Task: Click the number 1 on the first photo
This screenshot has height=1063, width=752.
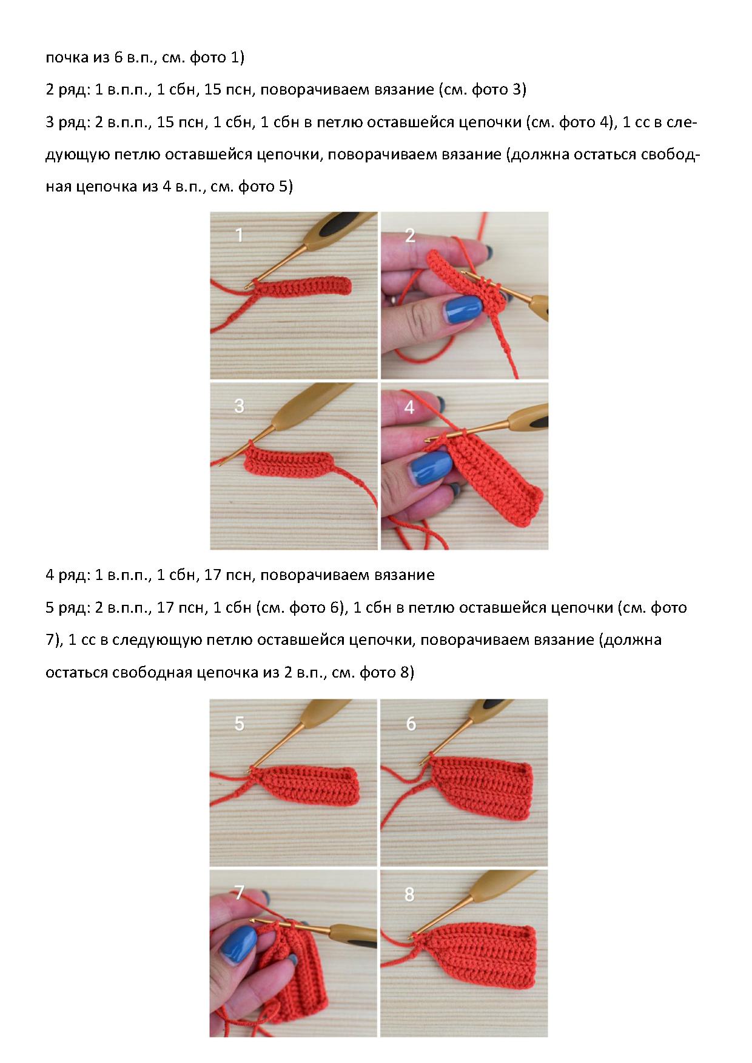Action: pos(239,235)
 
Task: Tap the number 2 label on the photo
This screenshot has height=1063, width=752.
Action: pos(410,235)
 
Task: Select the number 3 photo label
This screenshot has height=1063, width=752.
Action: pos(239,405)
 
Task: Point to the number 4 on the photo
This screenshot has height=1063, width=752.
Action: pos(409,407)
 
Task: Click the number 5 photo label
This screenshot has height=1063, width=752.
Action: pos(240,723)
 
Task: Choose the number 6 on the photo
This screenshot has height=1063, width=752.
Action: pos(411,723)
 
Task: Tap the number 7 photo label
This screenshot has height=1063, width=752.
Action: pos(239,893)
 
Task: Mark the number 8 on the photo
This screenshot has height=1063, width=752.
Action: pos(409,894)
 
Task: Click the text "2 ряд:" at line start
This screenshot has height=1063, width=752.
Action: pos(67,90)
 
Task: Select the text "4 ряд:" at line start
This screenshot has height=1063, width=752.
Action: pos(67,575)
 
